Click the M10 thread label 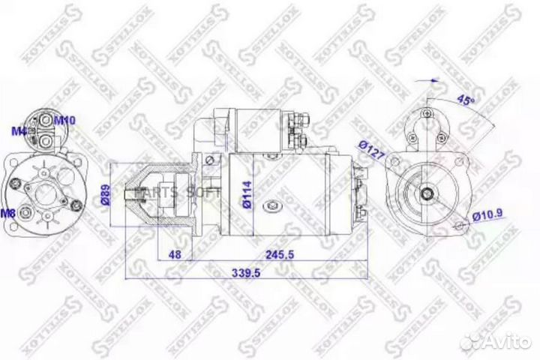64,120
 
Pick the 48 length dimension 175,255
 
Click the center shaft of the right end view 426,195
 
